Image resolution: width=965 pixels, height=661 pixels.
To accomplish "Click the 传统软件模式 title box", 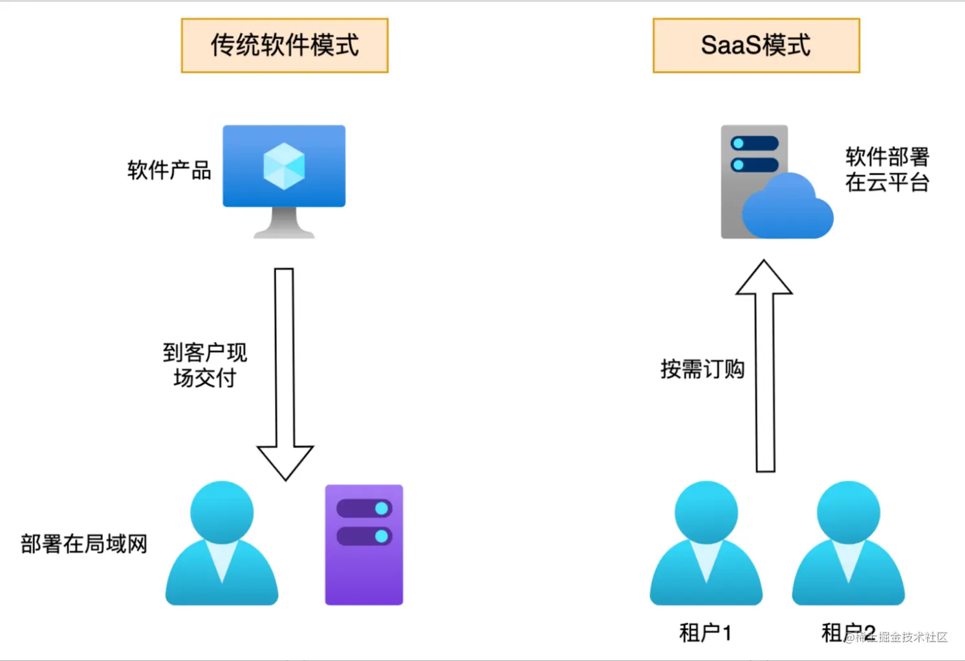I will pos(285,45).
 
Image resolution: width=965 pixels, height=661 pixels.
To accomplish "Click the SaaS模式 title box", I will pos(756,45).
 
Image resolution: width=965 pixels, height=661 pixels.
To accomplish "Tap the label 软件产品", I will pos(169,170).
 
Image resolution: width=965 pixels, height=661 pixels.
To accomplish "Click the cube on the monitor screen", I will pos(284,166).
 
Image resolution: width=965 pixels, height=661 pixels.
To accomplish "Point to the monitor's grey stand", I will pos(284,223).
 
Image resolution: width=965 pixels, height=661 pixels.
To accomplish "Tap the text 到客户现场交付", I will pos(204,365).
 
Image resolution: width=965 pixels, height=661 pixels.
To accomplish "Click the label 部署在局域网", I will pos(84,544).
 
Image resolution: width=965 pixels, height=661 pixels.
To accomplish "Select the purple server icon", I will pos(363,545).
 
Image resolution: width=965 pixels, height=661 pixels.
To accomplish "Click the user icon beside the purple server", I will pos(222,544).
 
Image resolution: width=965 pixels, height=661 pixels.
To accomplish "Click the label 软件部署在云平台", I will pos(887,170).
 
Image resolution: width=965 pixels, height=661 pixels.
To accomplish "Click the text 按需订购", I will pos(702,369).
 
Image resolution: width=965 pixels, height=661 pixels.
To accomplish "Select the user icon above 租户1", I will pos(706,544).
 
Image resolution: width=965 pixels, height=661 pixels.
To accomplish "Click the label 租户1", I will pos(705,633).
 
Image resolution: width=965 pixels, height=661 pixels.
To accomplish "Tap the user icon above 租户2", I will pos(848,544).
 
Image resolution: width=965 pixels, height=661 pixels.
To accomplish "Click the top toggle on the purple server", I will pos(364,508).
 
